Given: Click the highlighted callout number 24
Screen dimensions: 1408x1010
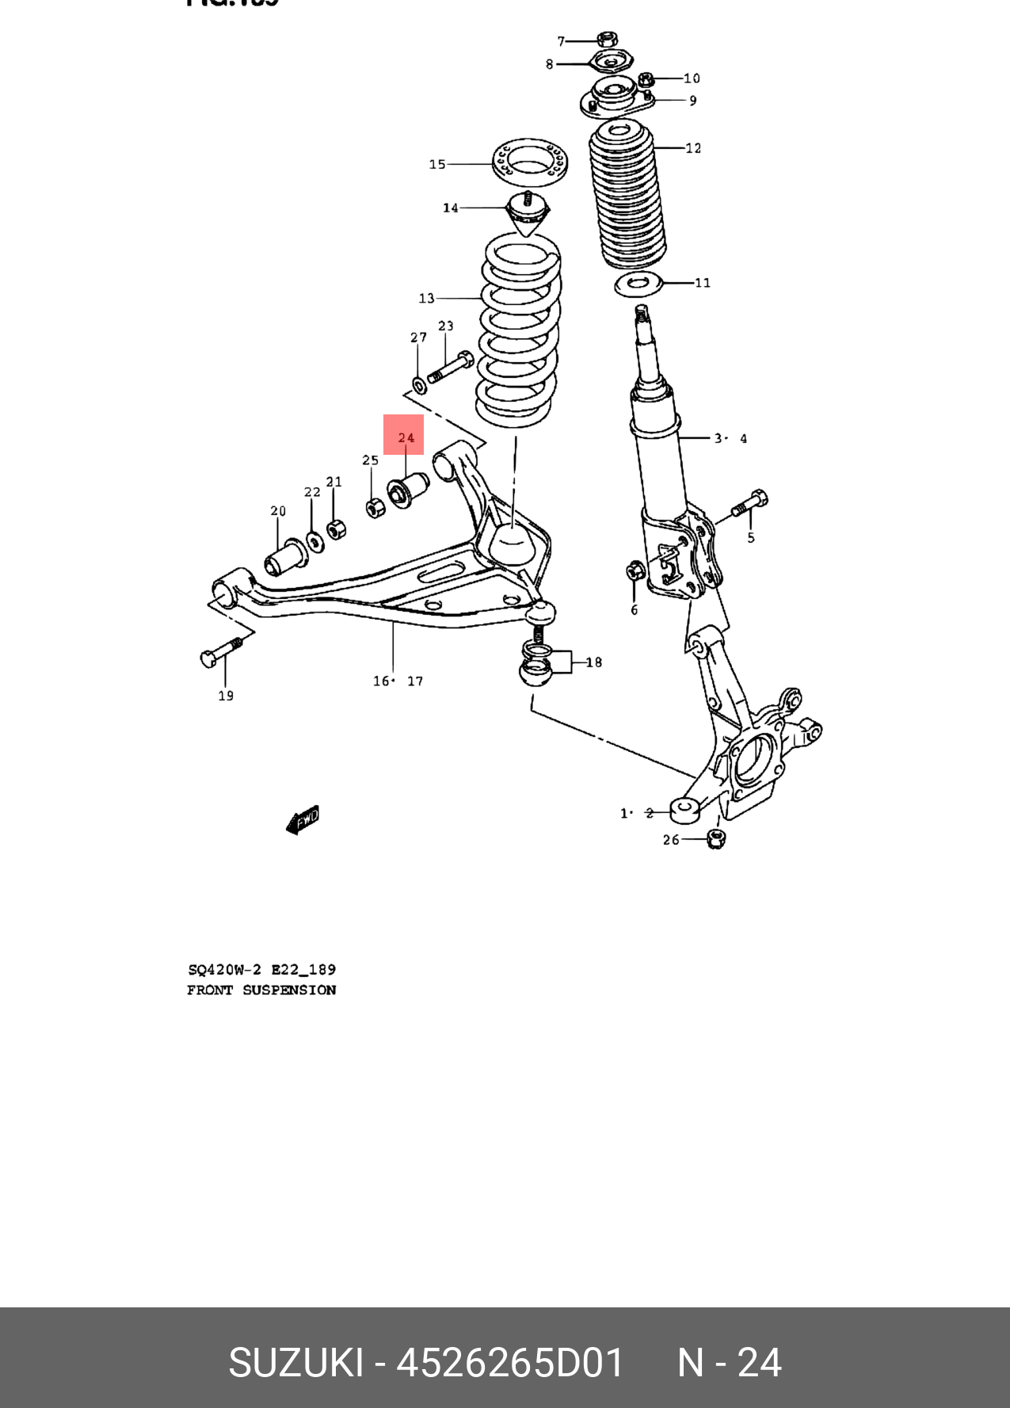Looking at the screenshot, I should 405,437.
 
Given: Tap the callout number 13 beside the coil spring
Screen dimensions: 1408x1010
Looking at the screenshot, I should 426,298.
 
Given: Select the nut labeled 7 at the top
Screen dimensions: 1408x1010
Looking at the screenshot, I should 607,39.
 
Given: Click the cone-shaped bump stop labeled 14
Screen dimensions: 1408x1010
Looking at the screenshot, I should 527,214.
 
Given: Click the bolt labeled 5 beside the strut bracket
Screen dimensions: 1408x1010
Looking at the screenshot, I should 749,504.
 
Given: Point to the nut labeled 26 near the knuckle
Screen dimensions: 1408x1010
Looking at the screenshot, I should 715,838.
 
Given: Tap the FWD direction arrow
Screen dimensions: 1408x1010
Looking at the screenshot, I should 303,820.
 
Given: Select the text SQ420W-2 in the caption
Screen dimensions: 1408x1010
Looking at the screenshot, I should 224,969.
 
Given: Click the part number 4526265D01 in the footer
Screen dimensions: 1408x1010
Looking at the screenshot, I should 511,1363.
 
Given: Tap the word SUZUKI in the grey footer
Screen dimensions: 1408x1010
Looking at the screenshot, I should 295,1363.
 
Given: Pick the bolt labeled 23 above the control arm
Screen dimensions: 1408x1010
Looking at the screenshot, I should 450,368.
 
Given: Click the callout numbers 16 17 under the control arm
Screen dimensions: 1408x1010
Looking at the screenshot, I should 398,681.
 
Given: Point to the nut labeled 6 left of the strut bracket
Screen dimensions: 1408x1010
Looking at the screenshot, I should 635,570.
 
